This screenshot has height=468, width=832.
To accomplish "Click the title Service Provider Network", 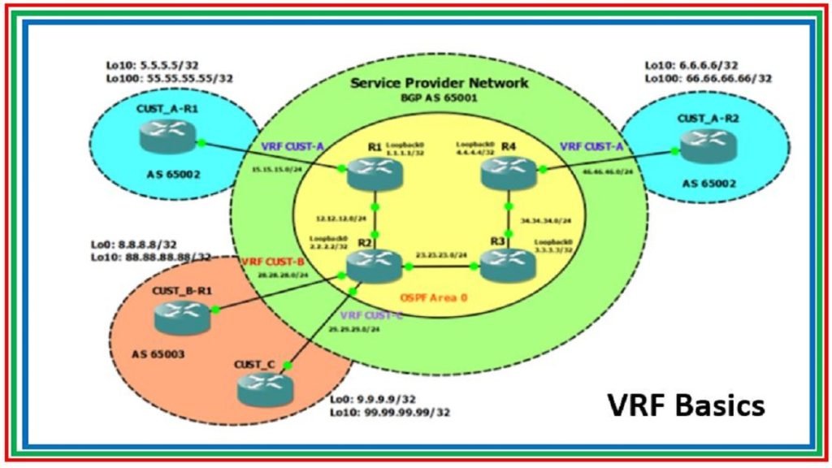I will point(439,83).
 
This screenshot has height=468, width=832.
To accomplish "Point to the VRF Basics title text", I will point(687,404).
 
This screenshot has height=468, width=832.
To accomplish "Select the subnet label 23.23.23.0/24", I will point(442,255).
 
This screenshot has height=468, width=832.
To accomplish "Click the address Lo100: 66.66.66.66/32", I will point(708,79).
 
